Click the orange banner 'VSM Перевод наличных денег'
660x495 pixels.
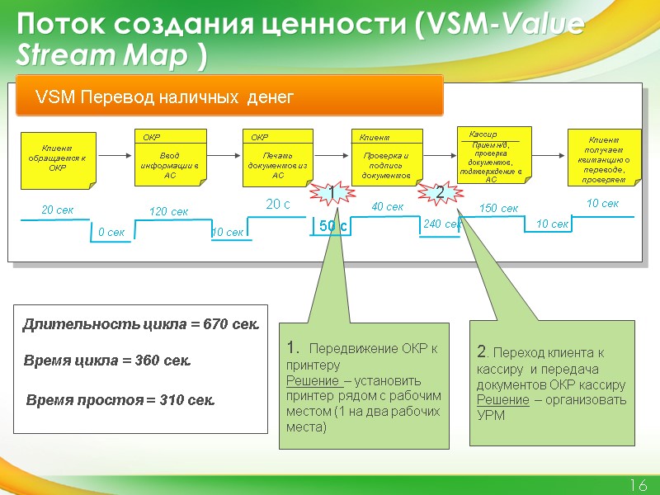click(x=231, y=98)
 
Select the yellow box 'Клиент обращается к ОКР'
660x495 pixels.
click(x=58, y=158)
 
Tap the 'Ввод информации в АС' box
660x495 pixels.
click(x=170, y=157)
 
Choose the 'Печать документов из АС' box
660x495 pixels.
click(x=278, y=157)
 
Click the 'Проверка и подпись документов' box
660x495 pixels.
click(x=386, y=157)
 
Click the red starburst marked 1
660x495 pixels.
click(x=332, y=192)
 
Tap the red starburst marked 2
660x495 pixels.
click(x=440, y=192)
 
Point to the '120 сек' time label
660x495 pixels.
click(x=168, y=212)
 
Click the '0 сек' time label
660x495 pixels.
click(x=111, y=233)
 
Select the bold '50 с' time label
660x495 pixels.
click(x=332, y=225)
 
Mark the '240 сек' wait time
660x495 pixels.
click(x=441, y=224)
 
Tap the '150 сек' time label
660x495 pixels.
click(x=499, y=210)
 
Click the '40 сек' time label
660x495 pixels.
click(x=388, y=207)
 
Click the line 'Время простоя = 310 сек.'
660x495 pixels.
click(x=122, y=400)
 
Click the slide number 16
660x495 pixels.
click(x=638, y=484)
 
